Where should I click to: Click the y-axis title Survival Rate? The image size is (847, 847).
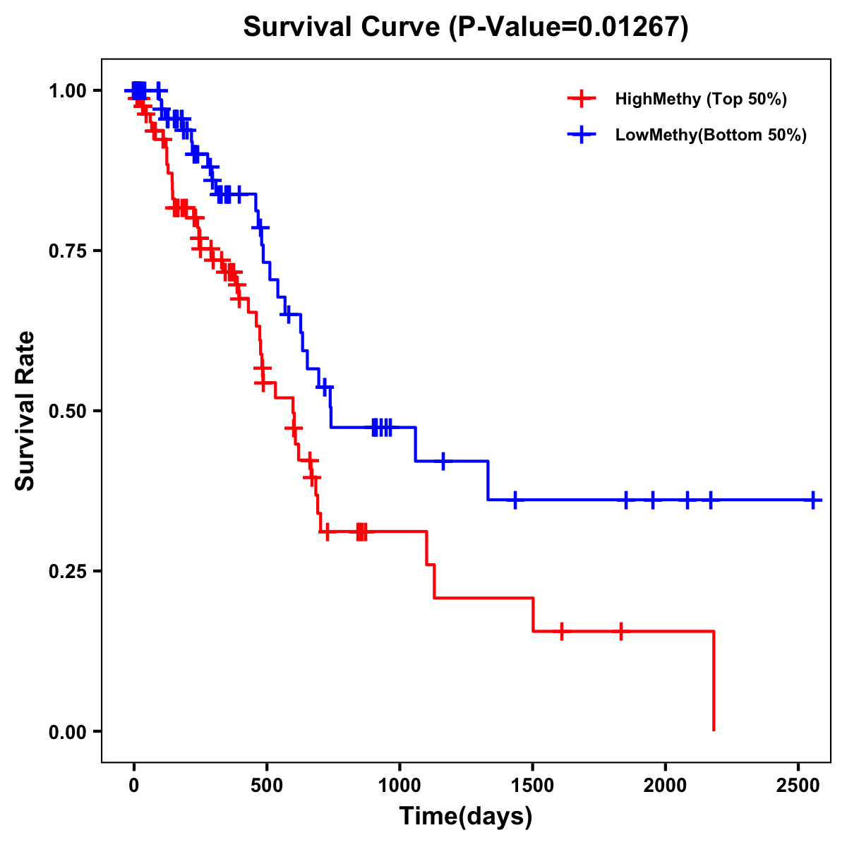click(25, 410)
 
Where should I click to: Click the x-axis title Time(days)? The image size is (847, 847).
click(466, 817)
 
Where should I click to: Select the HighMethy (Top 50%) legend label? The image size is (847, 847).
click(701, 99)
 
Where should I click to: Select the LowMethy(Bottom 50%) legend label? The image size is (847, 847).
click(711, 135)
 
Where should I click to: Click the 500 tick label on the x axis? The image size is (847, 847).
click(267, 783)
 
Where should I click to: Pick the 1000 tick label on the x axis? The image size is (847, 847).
click(400, 783)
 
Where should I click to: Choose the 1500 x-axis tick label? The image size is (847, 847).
click(533, 783)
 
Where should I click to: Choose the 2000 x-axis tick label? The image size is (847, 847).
click(666, 783)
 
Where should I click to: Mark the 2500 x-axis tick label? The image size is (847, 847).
click(798, 783)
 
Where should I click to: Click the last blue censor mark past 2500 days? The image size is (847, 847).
click(813, 500)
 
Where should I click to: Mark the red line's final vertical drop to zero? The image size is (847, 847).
click(714, 681)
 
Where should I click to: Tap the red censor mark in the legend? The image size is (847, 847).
click(581, 99)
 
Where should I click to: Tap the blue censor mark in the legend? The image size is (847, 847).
click(581, 135)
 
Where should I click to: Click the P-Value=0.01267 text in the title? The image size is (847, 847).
click(569, 28)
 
